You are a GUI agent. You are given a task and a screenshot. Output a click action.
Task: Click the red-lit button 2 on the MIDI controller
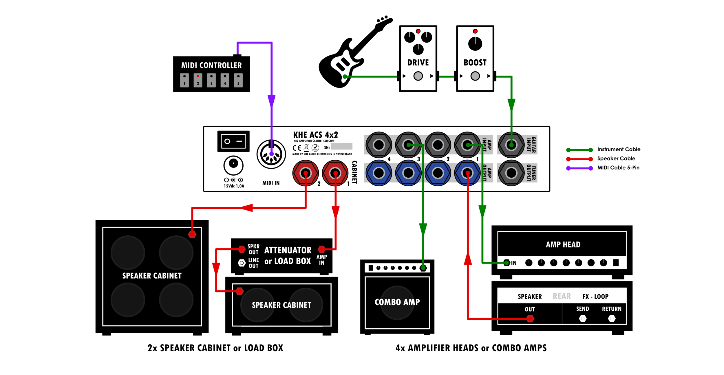(198, 80)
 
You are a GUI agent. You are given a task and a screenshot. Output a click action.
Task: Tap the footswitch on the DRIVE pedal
(418, 76)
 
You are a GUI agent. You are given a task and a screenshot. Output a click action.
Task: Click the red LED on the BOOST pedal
(475, 31)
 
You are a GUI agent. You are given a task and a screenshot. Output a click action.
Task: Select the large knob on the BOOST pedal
(475, 44)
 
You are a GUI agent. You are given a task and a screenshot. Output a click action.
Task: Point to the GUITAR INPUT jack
(511, 145)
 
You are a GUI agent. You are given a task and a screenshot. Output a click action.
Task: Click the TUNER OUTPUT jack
(511, 173)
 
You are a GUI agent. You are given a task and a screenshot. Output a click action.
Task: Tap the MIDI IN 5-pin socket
(271, 154)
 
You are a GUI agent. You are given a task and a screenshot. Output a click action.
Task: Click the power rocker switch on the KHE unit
(233, 141)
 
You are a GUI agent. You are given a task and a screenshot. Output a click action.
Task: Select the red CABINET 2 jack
(305, 173)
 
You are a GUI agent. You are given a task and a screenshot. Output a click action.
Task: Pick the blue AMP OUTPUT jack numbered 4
(379, 173)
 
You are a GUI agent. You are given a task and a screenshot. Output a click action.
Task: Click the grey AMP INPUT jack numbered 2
(438, 145)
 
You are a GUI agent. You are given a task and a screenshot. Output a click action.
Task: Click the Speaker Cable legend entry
(616, 159)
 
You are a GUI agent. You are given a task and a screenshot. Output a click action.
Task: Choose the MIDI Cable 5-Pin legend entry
(618, 168)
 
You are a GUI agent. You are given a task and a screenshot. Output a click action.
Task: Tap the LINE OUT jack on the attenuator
(242, 263)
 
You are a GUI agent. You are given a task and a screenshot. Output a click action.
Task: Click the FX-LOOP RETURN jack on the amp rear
(612, 318)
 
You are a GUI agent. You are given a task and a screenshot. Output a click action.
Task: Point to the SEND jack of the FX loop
(583, 318)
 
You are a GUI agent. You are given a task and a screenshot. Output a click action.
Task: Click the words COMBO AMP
(397, 302)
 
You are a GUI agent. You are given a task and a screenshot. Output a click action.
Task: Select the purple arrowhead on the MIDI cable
(271, 101)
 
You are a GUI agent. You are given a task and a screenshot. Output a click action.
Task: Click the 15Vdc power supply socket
(233, 165)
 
